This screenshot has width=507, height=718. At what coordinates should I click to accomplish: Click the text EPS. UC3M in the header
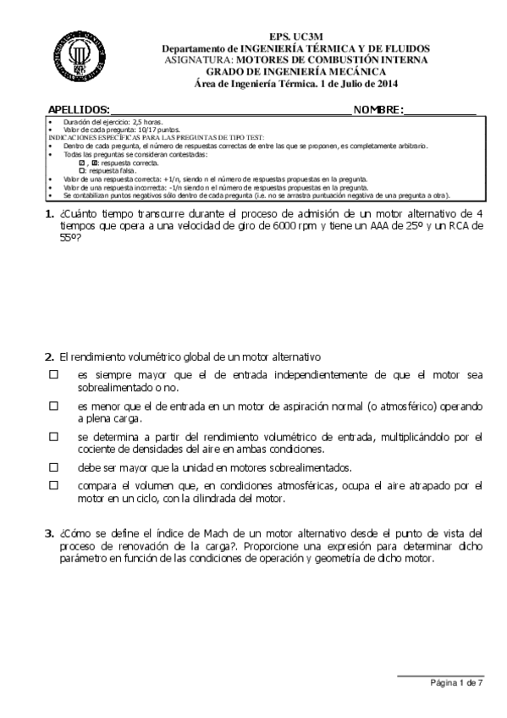(296, 38)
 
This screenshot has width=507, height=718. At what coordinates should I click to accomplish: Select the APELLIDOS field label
(79, 110)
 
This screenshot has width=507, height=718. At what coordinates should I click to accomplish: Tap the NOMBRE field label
(378, 110)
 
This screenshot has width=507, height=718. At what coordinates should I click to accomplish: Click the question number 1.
(49, 213)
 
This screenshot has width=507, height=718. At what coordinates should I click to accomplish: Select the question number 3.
(49, 533)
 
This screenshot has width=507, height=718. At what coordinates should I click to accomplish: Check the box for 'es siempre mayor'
(53, 373)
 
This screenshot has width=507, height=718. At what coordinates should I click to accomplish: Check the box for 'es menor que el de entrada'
(53, 406)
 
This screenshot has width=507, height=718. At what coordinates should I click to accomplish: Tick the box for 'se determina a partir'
(53, 437)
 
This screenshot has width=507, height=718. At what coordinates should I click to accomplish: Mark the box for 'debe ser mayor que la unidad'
(53, 467)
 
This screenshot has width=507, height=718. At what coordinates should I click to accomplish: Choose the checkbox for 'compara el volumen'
(53, 485)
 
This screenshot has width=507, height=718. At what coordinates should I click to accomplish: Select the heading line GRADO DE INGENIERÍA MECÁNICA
(296, 72)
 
